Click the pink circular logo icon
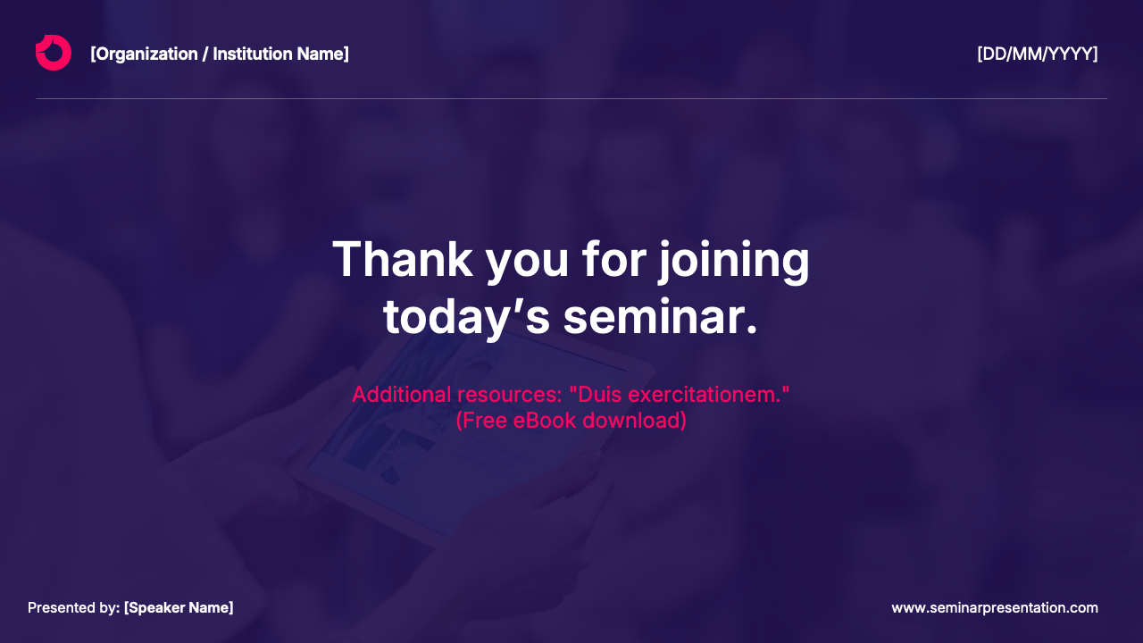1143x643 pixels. (x=54, y=53)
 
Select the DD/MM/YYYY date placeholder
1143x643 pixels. (x=1037, y=54)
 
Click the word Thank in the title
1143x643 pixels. (x=402, y=260)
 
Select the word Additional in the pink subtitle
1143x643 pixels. (x=401, y=394)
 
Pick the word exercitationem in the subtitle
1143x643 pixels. (x=705, y=394)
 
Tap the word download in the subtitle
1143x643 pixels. (x=638, y=420)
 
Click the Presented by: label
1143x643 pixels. (x=73, y=608)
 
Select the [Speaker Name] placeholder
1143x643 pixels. (x=179, y=608)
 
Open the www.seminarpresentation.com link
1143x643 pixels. (x=994, y=608)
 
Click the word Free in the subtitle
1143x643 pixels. (x=483, y=420)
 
